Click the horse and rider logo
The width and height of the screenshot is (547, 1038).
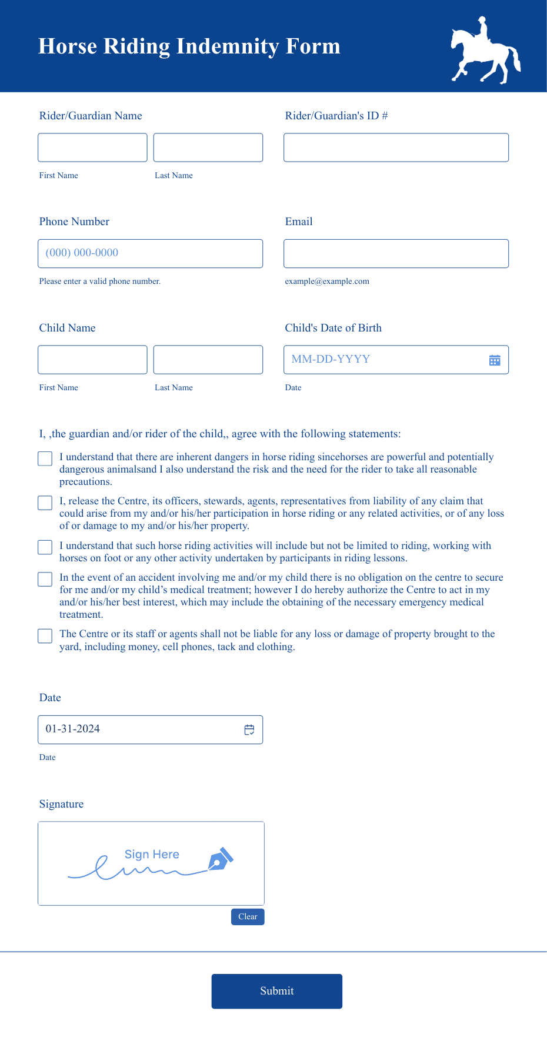coord(485,51)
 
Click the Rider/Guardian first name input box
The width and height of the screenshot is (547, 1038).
coord(92,148)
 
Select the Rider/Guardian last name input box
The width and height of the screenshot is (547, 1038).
coord(208,148)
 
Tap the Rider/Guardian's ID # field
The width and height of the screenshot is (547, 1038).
coord(396,148)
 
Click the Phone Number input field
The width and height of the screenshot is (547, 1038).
coord(150,253)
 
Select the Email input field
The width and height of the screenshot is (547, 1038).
coord(396,253)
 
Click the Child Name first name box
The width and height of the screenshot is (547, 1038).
coord(92,360)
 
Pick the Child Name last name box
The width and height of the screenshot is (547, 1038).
coord(208,360)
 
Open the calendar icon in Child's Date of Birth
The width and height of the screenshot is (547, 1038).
coord(495,360)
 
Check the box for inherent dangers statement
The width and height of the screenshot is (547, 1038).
coord(45,458)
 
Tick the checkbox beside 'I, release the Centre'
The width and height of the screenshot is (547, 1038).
coord(45,503)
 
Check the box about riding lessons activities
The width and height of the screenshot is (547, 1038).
coord(45,547)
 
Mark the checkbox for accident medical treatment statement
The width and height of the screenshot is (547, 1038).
coord(45,579)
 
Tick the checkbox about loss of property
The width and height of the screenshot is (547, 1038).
coord(45,636)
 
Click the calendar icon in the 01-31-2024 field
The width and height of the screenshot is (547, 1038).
coord(249,729)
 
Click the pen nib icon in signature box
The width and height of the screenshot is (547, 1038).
coord(221,859)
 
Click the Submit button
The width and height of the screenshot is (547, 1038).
coord(276,991)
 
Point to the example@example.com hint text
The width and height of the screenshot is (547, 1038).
coord(327,282)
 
